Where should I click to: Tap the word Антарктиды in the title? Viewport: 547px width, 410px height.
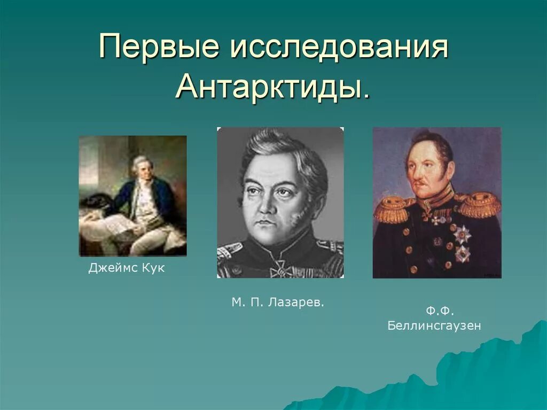pos(267,87)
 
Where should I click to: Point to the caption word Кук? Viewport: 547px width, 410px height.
pos(153,268)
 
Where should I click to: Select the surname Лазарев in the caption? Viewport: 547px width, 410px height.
pos(299,303)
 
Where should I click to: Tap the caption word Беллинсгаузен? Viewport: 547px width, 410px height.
pos(434,326)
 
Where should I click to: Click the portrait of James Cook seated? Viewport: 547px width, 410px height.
pos(133,196)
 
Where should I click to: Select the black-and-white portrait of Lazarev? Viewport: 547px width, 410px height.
pos(280,203)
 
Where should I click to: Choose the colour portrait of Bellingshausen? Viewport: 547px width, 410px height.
pos(436,203)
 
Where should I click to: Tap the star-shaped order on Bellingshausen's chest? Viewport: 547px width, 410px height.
pos(461,235)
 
